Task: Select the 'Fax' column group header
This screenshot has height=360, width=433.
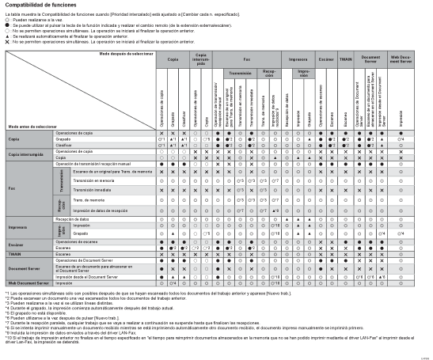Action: [x=247, y=59]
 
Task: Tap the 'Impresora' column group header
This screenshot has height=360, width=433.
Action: [x=298, y=59]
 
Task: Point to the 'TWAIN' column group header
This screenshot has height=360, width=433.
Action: [x=346, y=59]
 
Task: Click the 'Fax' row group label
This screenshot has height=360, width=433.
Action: [x=12, y=189]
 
